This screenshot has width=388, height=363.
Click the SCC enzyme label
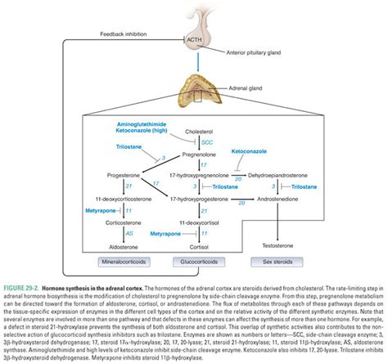(207, 141)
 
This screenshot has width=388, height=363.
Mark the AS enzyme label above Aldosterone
(128, 233)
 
